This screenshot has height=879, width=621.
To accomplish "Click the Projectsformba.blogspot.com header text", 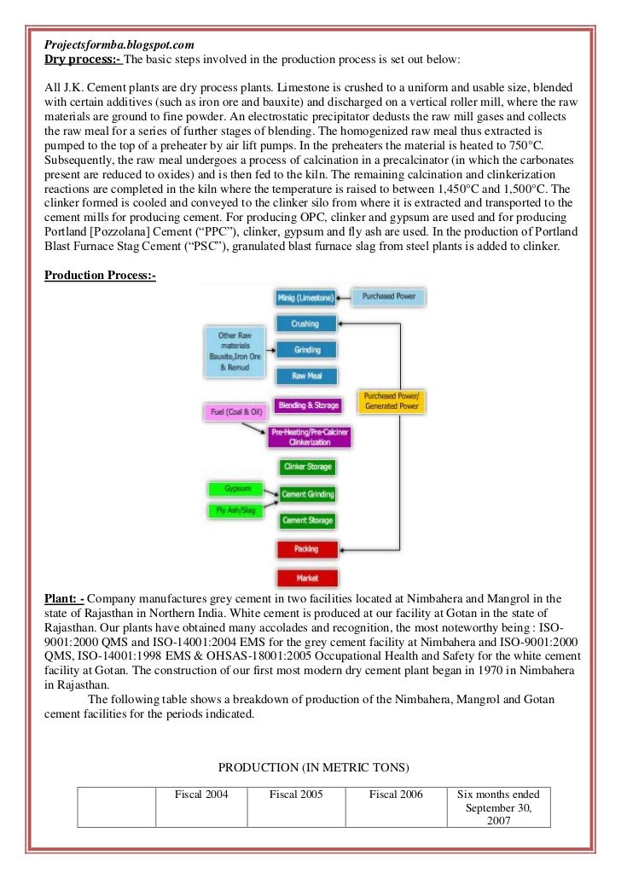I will pos(119,43).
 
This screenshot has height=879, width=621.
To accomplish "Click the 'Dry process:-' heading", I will pos(84,59).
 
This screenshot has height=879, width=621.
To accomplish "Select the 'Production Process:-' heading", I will pos(100,278).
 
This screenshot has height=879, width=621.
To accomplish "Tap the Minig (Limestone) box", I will pos(305,297).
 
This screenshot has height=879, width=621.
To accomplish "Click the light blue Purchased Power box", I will pos(388,297).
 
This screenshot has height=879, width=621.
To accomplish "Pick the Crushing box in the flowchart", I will pos(305,323).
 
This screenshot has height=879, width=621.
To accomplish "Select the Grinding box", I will pos(305,349).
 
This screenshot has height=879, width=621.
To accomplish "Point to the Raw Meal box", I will pos(305,375).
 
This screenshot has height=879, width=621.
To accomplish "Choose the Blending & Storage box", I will pos(308,405).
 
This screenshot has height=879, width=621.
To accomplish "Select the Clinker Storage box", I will pos(308,467).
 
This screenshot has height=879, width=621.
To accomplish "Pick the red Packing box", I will pos(307,549).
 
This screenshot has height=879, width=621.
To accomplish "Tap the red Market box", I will pos(307,578).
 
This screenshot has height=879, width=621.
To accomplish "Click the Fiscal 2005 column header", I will pos(296,795).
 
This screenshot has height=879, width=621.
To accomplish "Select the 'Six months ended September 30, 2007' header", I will pos(498,806).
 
